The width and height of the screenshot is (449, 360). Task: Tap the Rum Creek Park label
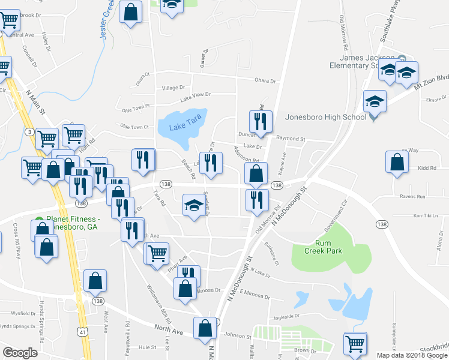coord(329,247)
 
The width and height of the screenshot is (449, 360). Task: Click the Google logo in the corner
coord(20,353)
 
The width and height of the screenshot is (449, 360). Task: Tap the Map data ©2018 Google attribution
coord(412,355)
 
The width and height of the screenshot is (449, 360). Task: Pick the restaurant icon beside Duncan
coord(261,121)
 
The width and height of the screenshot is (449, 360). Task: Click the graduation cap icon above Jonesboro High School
coord(375,101)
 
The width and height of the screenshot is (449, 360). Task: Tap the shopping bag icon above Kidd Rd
coord(397,161)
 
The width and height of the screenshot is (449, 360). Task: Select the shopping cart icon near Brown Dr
coord(355,343)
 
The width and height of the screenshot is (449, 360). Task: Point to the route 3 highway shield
coord(29,131)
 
